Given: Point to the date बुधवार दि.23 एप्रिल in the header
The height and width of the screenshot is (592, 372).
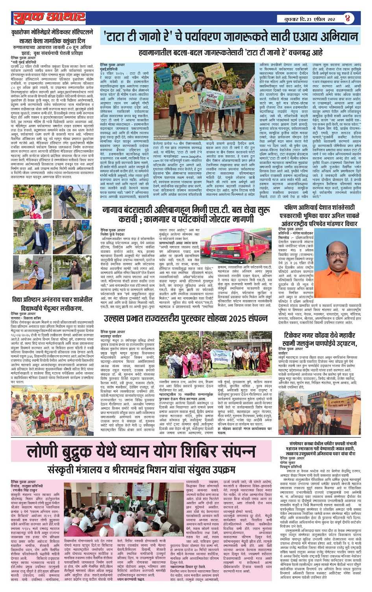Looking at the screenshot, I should pyautogui.click(x=305, y=18).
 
